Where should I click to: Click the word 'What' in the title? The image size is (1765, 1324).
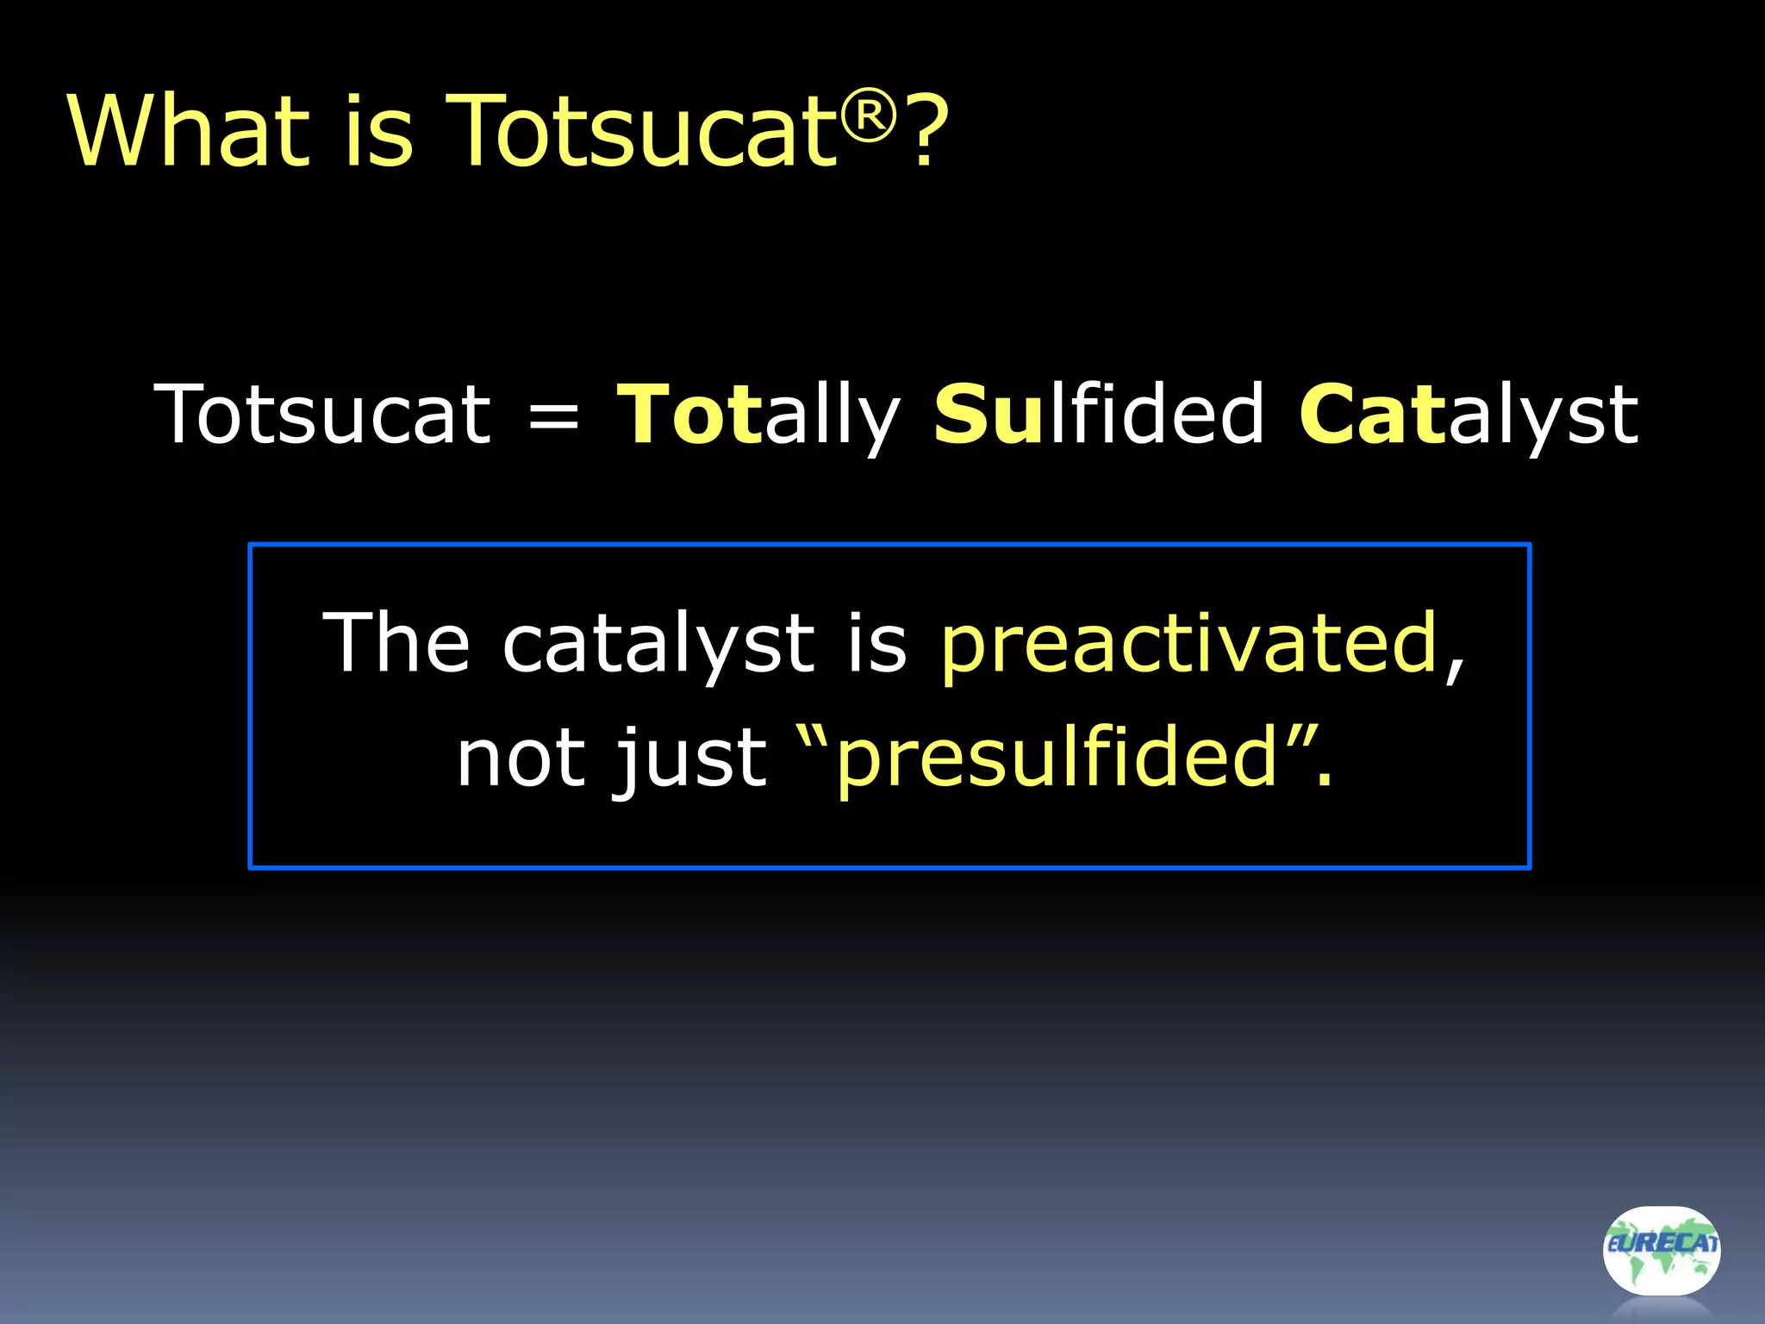pos(188,131)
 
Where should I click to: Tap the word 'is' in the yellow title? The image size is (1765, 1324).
pos(379,131)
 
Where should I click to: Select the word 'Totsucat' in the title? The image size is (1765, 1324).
pos(642,131)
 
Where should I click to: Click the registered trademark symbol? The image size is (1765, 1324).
pos(869,114)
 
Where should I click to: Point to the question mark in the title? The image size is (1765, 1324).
pos(926,131)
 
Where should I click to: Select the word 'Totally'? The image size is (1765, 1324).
pos(758,416)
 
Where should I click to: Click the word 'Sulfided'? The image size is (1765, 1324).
pos(1099,415)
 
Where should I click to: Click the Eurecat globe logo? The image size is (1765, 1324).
pos(1661,1251)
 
